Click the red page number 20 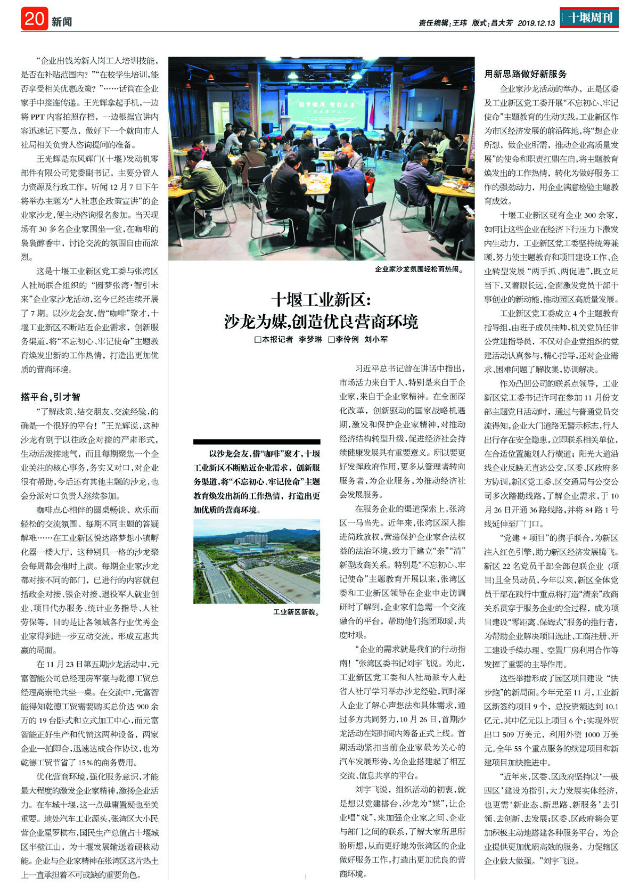point(35,19)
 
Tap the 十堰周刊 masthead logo point(589,18)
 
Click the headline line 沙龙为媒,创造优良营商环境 point(321,322)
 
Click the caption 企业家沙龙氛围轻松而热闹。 point(419,269)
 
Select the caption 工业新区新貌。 point(296,612)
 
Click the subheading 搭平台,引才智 point(51,397)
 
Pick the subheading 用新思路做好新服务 point(526,74)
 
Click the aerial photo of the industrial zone point(257,561)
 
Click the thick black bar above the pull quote point(257,441)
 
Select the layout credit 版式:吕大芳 point(492,23)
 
